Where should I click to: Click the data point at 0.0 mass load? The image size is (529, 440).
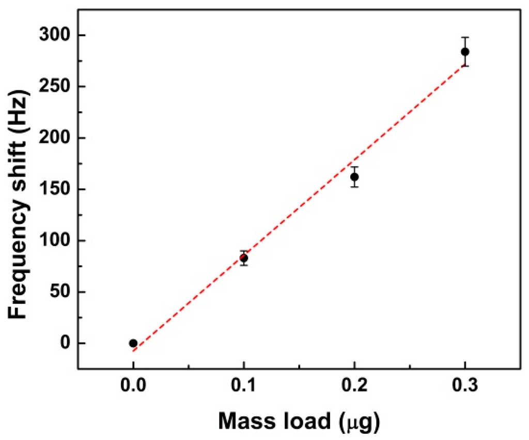point(133,343)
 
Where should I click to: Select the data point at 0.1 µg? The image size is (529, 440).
point(244,258)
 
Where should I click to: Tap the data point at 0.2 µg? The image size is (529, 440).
point(354,177)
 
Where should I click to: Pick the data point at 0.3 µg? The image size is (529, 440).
point(465,52)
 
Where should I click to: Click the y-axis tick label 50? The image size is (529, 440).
point(61,292)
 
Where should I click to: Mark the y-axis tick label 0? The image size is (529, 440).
point(65,344)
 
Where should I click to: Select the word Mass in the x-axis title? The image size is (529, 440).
point(246,422)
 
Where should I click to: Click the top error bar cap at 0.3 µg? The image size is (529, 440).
point(465,38)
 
